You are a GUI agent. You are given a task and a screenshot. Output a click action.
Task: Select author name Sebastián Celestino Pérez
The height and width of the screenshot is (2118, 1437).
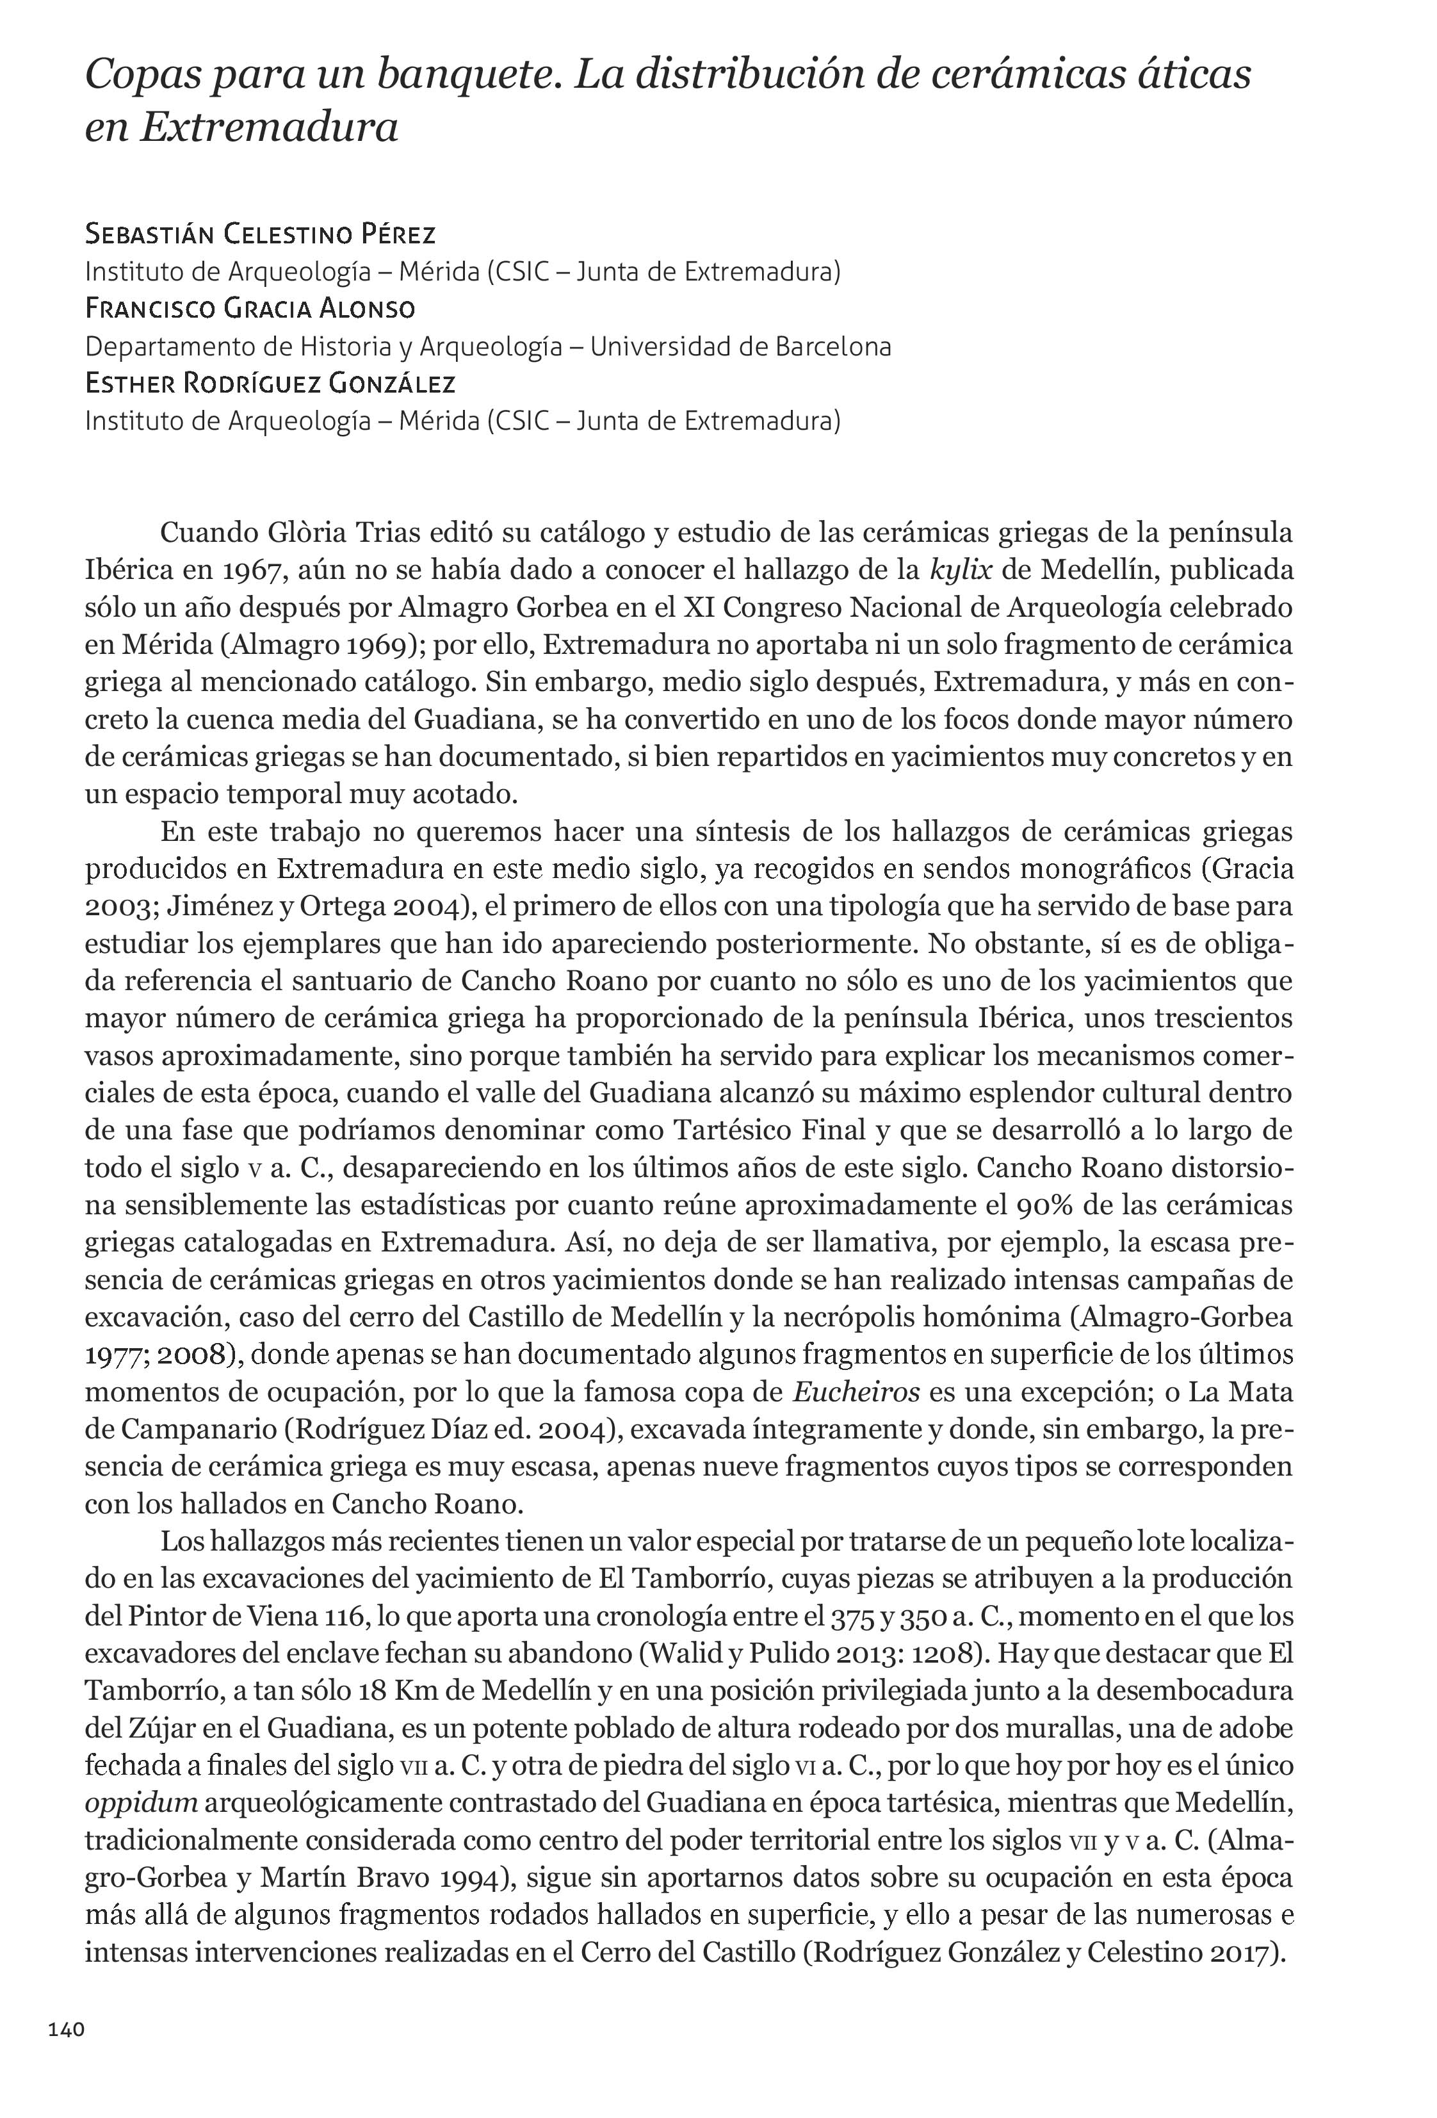click(260, 234)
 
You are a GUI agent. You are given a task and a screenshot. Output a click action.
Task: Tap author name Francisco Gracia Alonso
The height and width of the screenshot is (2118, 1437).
click(250, 309)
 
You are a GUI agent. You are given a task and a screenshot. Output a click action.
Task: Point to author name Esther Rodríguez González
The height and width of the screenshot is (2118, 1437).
click(270, 384)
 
